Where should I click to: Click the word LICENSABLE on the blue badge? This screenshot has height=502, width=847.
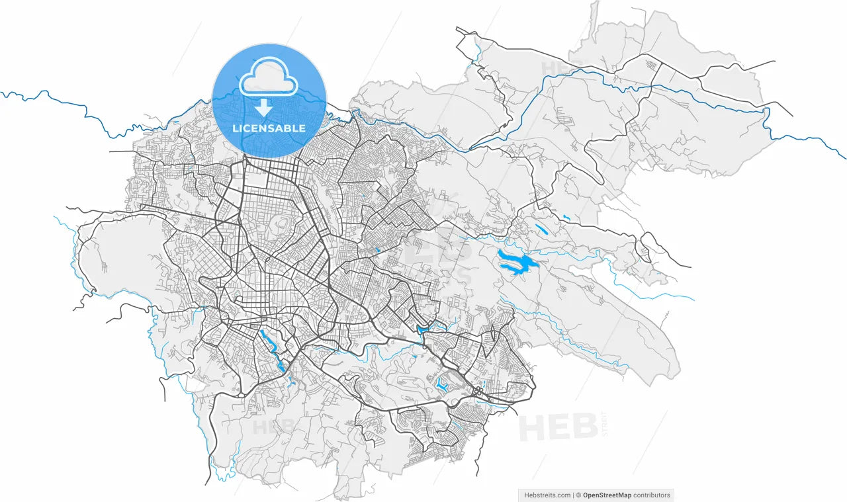point(269,128)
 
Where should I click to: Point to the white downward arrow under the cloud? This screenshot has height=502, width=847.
point(264,107)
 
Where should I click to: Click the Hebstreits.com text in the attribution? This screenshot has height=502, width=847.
point(547,495)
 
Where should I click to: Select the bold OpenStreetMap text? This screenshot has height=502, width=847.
point(607,495)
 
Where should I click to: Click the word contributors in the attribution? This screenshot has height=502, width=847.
point(652,495)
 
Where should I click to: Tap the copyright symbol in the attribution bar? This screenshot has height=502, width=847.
point(578,495)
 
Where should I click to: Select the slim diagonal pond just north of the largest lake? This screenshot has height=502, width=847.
point(541,230)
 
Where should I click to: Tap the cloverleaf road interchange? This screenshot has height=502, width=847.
point(478,392)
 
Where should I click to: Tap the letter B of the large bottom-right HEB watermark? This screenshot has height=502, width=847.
point(584,427)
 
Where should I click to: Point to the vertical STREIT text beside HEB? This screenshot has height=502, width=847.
point(604,425)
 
